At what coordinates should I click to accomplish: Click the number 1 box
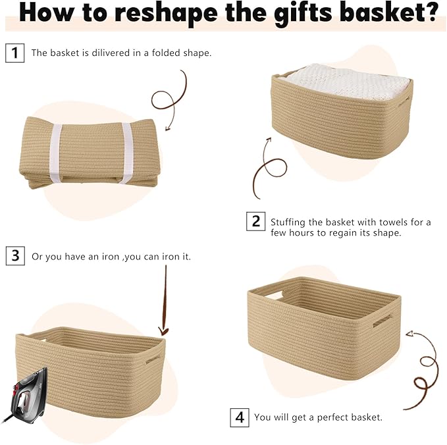(14, 52)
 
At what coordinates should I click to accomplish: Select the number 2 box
(256, 221)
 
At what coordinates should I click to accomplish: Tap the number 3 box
(14, 255)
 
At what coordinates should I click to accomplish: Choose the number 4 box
(240, 417)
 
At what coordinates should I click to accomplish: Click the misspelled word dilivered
(109, 53)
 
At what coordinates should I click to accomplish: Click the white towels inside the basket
(342, 84)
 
